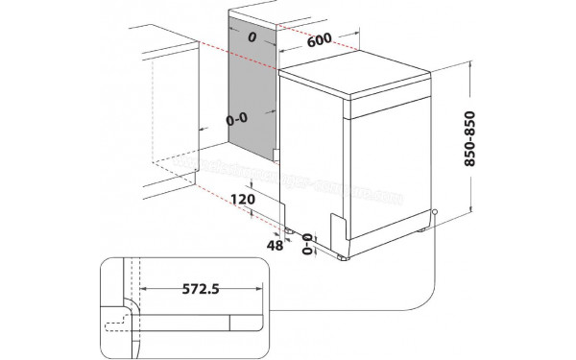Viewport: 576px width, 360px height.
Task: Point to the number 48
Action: click(277, 246)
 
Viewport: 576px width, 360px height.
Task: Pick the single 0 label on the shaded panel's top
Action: click(252, 37)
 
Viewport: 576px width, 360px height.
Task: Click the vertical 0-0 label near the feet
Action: click(308, 246)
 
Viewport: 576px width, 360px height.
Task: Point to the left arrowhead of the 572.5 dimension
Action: click(140, 286)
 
